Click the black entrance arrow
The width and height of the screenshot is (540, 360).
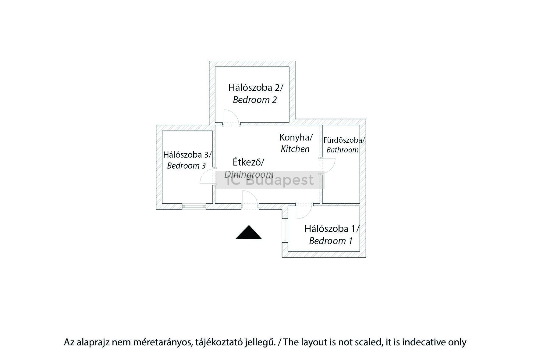pyautogui.click(x=249, y=233)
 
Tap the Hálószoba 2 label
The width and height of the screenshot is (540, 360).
pyautogui.click(x=256, y=88)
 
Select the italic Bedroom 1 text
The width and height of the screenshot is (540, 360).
pyautogui.click(x=331, y=241)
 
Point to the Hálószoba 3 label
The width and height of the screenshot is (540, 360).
pyautogui.click(x=187, y=155)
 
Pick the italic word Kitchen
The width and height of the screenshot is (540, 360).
pyautogui.click(x=295, y=149)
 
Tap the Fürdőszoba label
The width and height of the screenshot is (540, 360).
pyautogui.click(x=344, y=140)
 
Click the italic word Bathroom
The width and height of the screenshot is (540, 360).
pyautogui.click(x=343, y=150)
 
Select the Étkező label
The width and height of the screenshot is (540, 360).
pyautogui.click(x=248, y=162)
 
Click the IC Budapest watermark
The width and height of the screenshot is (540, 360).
pyautogui.click(x=270, y=180)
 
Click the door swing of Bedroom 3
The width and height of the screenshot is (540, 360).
pyautogui.click(x=207, y=177)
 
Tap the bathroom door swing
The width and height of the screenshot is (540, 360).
pyautogui.click(x=328, y=166)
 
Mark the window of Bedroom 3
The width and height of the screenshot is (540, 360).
pyautogui.click(x=194, y=206)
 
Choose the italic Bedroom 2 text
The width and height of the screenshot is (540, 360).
pyautogui.click(x=255, y=100)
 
